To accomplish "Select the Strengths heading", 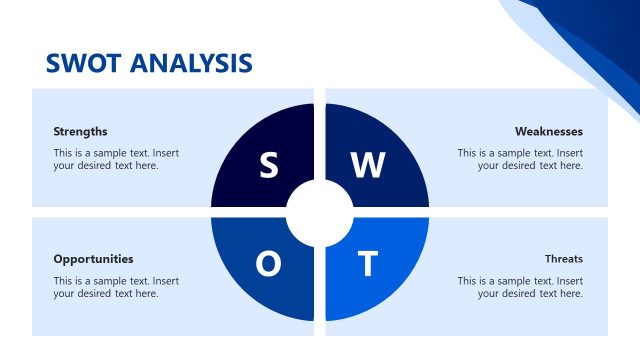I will [80, 131].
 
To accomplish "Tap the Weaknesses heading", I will [548, 131].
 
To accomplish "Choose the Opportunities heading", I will [93, 258].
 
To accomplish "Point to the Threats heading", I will [564, 258].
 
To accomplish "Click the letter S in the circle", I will [268, 165].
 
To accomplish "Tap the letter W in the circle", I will [368, 165].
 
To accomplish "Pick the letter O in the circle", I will [268, 264].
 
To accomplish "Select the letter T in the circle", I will [368, 264].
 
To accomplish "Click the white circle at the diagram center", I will [320, 212].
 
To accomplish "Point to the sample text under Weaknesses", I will [520, 159].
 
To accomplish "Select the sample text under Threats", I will [520, 287].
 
